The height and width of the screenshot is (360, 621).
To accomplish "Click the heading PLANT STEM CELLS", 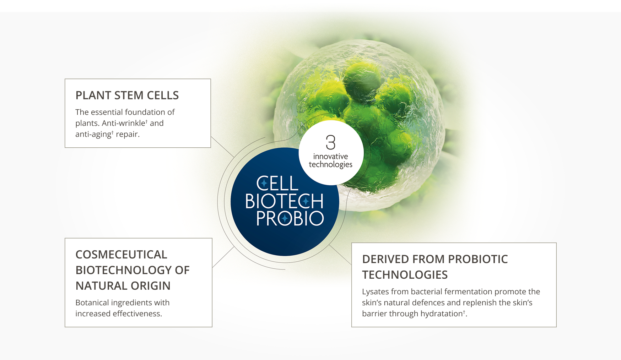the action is [x=127, y=95].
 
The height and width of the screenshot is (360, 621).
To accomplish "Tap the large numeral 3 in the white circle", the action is [x=331, y=142].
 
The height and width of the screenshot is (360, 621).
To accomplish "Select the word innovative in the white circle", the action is [x=330, y=156].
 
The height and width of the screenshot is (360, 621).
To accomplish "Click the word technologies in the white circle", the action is [x=330, y=164].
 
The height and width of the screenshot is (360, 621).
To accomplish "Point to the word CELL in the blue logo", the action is [x=277, y=184].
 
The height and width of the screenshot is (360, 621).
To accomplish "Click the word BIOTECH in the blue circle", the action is [x=284, y=201].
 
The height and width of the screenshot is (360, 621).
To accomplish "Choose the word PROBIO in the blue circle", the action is [x=290, y=218].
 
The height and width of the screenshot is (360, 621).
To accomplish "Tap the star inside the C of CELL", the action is [x=264, y=184].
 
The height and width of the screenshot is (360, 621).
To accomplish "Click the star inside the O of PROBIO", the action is [x=285, y=218].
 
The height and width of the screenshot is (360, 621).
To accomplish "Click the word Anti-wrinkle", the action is [x=124, y=123].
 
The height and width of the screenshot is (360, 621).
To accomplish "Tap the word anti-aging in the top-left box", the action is [x=93, y=134].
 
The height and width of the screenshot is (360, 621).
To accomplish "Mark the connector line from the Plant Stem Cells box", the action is [x=222, y=147].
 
